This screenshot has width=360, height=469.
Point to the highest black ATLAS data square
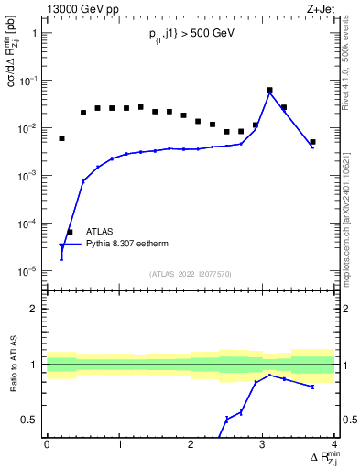(x=269, y=91)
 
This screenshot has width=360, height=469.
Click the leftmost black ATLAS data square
(x=61, y=138)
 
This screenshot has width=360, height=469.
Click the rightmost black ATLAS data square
(x=312, y=142)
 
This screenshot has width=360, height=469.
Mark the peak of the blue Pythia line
(x=269, y=93)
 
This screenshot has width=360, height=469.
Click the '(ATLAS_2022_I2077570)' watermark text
(x=191, y=274)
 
